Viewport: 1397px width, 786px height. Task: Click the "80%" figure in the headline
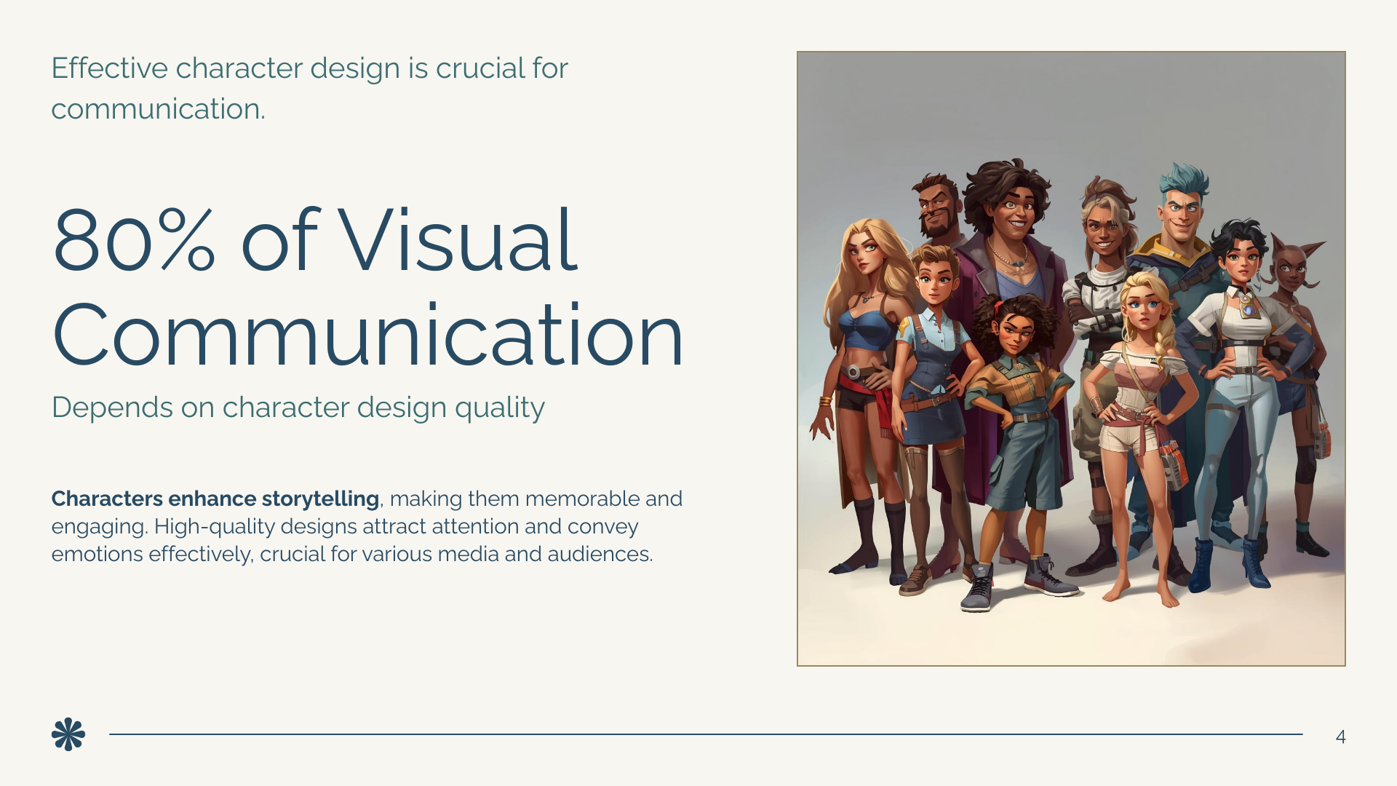(x=134, y=240)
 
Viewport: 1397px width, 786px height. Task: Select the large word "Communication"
(x=367, y=335)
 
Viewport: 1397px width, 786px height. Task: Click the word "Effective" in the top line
(x=109, y=68)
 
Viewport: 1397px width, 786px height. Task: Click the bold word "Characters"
(x=107, y=499)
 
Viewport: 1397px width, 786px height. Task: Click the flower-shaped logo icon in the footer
(x=68, y=734)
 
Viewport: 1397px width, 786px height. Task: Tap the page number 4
(x=1340, y=737)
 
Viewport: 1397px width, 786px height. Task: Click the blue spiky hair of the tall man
(x=1185, y=179)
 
